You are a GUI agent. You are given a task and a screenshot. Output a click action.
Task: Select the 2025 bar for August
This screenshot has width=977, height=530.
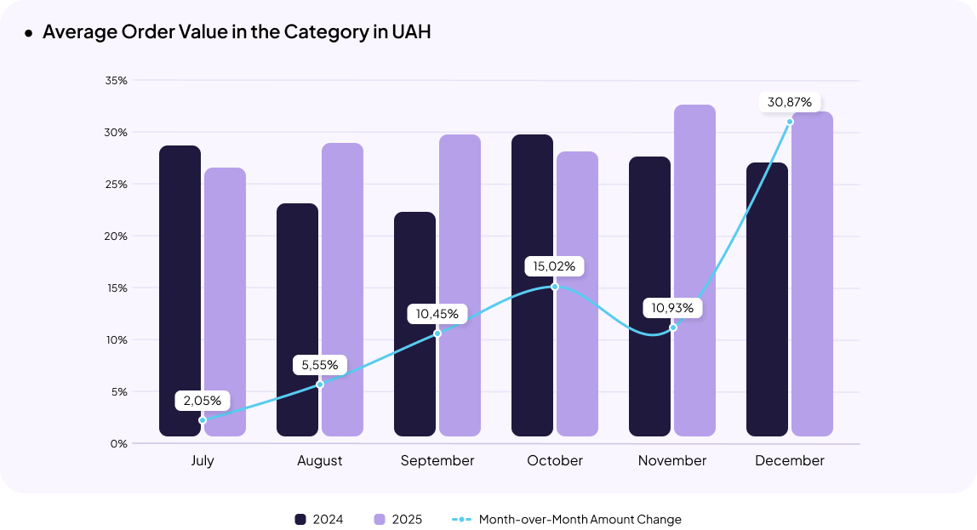coord(342,289)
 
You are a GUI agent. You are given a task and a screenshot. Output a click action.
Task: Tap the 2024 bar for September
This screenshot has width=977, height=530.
coord(415,324)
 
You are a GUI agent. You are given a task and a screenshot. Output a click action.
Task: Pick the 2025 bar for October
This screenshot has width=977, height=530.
coord(577,293)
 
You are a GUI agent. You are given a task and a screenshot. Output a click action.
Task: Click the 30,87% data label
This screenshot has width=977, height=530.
coord(790,102)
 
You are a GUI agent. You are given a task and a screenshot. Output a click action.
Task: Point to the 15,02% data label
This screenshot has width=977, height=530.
coord(554,266)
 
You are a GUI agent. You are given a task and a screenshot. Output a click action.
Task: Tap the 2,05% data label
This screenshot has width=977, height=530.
coord(203,400)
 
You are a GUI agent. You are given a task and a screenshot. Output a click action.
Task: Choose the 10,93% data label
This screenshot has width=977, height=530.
coord(672,307)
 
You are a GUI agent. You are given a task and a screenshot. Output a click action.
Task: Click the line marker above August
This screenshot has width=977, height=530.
coord(320,385)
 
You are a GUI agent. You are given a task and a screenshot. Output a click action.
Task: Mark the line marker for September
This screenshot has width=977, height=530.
coord(437,333)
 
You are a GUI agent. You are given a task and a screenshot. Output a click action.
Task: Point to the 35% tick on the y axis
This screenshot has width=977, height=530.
coord(117,81)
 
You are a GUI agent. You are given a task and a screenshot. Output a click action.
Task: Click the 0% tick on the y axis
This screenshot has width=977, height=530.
coord(119,444)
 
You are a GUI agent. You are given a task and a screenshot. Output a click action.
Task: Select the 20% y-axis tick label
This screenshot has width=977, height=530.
coord(117,237)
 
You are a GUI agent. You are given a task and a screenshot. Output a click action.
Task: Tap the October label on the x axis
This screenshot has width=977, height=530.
coord(555,461)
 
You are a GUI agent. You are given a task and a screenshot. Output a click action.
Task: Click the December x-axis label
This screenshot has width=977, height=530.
coord(790,461)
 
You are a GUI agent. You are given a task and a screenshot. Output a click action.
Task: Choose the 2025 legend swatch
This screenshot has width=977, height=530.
coord(380,520)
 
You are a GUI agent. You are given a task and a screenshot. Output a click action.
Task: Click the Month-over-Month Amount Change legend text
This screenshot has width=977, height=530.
coord(580,520)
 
